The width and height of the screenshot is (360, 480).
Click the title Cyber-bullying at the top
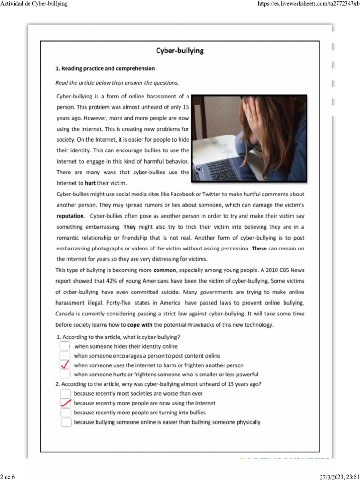click(x=180, y=51)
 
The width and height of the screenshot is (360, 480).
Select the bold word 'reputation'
click(x=70, y=216)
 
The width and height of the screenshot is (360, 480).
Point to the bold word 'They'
click(x=129, y=226)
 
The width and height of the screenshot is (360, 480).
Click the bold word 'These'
click(x=259, y=248)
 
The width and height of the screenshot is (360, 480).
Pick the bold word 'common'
click(x=165, y=270)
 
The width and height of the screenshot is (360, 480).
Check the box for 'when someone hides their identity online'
click(x=66, y=346)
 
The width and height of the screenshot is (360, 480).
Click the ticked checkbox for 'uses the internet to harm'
click(x=66, y=365)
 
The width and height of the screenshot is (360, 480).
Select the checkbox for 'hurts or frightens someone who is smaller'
click(x=66, y=374)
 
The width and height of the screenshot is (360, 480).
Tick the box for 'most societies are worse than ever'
click(x=66, y=393)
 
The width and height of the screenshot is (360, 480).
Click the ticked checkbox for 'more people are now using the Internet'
click(x=66, y=403)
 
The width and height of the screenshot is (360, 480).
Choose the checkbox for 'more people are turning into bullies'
click(x=66, y=412)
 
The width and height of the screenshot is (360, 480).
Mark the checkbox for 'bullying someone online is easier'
click(x=66, y=422)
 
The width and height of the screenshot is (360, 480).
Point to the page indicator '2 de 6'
click(x=8, y=476)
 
